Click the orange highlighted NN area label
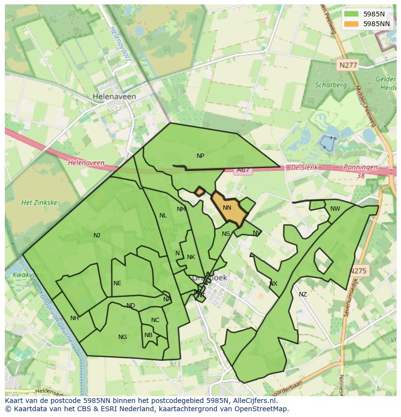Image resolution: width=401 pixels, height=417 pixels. click(x=227, y=207)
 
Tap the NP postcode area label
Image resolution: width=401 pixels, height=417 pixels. click(x=200, y=156)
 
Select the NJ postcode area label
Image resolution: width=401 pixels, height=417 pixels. click(x=97, y=235)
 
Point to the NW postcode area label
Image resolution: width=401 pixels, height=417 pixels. click(x=335, y=209)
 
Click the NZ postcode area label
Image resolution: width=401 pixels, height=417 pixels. click(x=303, y=294)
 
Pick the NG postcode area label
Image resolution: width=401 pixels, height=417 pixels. click(x=123, y=337)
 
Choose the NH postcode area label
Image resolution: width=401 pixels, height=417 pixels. click(x=74, y=318)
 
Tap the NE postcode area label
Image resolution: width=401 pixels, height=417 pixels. click(x=117, y=283)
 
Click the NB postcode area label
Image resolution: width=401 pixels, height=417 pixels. click(x=148, y=335)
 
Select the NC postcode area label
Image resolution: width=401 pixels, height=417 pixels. click(x=155, y=320)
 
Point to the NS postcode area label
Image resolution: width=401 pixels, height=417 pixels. click(x=226, y=234)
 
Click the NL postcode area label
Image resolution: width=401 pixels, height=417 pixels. click(x=163, y=216)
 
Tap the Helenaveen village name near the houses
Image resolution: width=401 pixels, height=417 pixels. click(x=114, y=97)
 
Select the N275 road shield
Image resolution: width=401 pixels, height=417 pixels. click(x=359, y=271)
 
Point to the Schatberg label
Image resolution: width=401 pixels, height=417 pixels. click(x=331, y=85)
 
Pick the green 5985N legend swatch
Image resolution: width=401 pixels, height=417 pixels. click(x=352, y=14)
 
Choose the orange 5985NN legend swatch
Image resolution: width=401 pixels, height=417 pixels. click(x=352, y=23)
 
